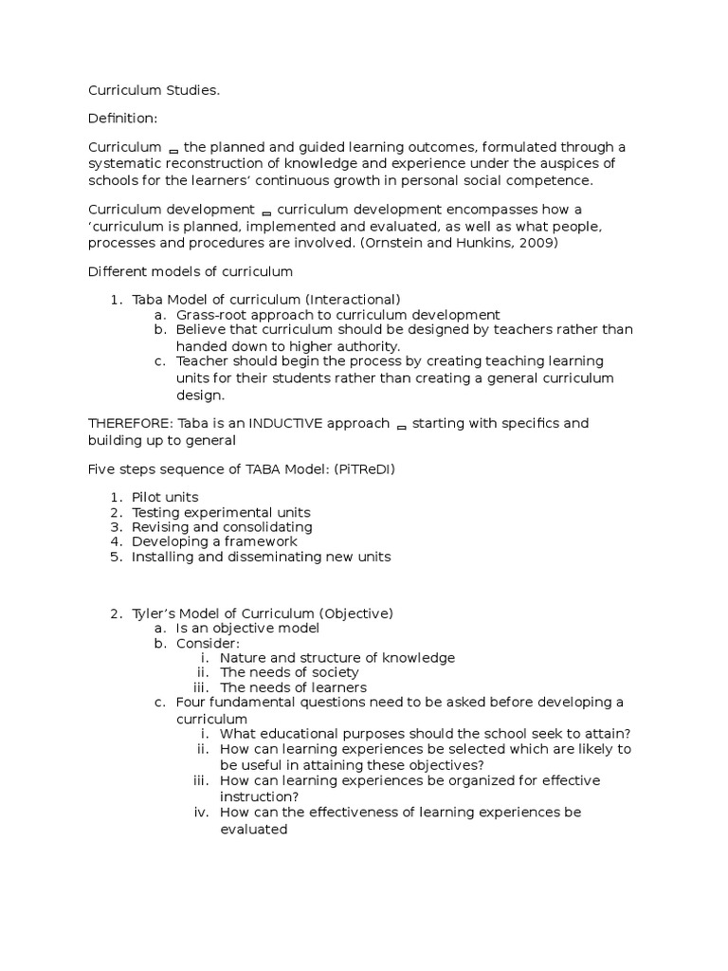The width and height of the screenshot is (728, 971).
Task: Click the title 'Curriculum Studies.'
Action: pyautogui.click(x=154, y=90)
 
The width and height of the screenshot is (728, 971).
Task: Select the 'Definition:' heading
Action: pyautogui.click(x=123, y=119)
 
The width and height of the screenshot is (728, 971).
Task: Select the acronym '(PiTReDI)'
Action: pyautogui.click(x=382, y=469)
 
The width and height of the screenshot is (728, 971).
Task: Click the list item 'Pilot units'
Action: pyautogui.click(x=165, y=497)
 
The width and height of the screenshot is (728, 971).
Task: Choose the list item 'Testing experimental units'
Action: pyautogui.click(x=221, y=512)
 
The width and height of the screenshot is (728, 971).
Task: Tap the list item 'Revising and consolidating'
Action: pyautogui.click(x=222, y=527)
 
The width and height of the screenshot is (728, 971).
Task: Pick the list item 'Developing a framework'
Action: pyautogui.click(x=214, y=541)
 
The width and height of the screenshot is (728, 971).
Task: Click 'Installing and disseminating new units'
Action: pyautogui.click(x=261, y=557)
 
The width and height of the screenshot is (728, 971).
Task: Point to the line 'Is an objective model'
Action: pyautogui.click(x=247, y=628)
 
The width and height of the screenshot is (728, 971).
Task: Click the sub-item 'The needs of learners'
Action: pyautogui.click(x=293, y=687)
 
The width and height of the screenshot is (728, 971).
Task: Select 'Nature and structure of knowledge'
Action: pyautogui.click(x=337, y=657)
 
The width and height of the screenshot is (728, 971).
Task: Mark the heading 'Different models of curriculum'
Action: pyautogui.click(x=191, y=271)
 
